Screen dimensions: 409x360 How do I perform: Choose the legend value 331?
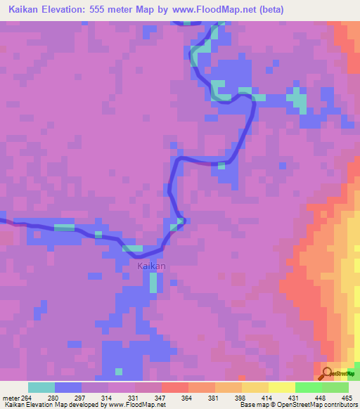tap(134, 397)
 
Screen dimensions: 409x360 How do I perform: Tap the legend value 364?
tap(186, 397)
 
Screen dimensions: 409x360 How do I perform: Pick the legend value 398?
tap(240, 397)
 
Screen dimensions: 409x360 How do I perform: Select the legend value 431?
tap(293, 397)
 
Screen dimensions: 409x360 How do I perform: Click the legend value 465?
tap(347, 397)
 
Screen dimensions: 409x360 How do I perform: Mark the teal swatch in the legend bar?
tap(41, 387)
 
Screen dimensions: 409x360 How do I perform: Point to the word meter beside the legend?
tap(10, 397)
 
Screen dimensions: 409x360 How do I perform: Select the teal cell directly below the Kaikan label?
tap(153, 283)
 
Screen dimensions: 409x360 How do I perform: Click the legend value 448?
tap(320, 397)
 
